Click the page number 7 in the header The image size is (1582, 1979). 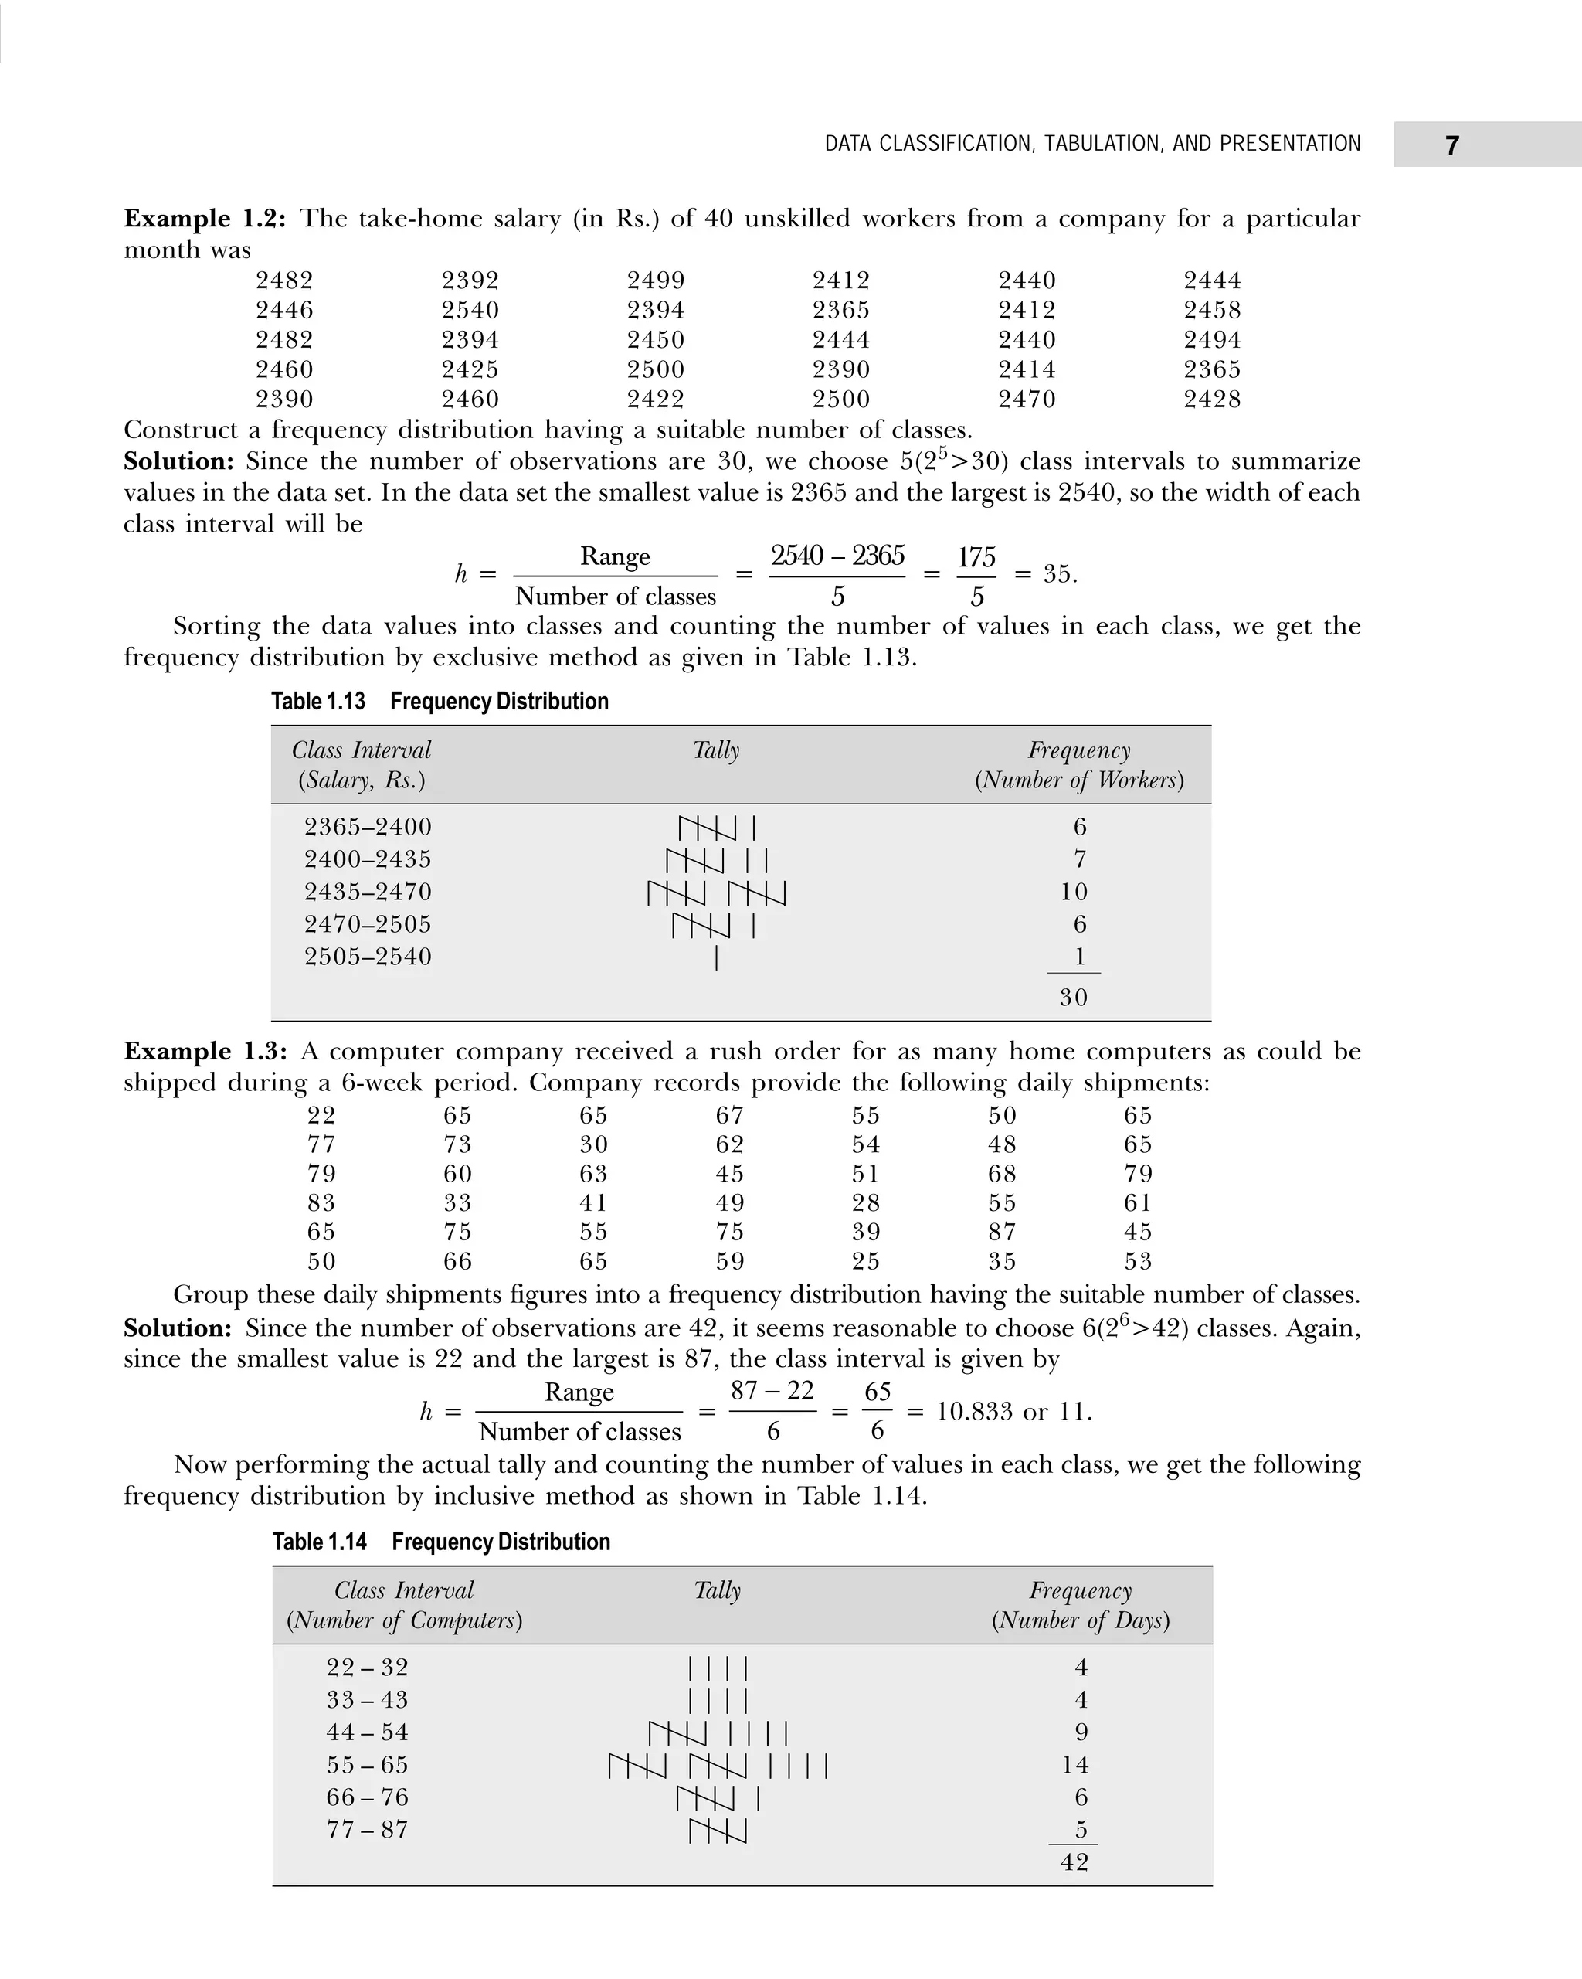(x=1451, y=146)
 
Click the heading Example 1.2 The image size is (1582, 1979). (x=205, y=219)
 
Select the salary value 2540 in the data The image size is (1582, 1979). (x=470, y=310)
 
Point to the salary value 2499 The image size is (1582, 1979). (x=655, y=281)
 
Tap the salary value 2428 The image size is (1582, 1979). (x=1211, y=400)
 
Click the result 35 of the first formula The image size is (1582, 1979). (x=1057, y=575)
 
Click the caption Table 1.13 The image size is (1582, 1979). (x=317, y=702)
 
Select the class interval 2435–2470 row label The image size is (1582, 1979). (x=367, y=893)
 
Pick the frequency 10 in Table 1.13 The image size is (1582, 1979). (x=1073, y=893)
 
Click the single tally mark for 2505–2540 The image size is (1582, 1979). (x=716, y=958)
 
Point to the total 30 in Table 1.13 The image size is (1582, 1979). (x=1073, y=998)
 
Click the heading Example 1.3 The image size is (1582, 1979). (x=205, y=1051)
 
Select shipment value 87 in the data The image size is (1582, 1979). (x=1002, y=1232)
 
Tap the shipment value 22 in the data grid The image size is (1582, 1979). (x=321, y=1115)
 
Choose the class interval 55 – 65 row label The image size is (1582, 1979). (x=367, y=1765)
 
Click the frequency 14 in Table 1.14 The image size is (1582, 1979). (x=1074, y=1765)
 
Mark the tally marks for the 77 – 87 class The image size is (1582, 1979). (x=718, y=1831)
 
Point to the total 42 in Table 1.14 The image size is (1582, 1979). (x=1074, y=1862)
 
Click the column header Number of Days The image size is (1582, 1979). (x=1080, y=1620)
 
